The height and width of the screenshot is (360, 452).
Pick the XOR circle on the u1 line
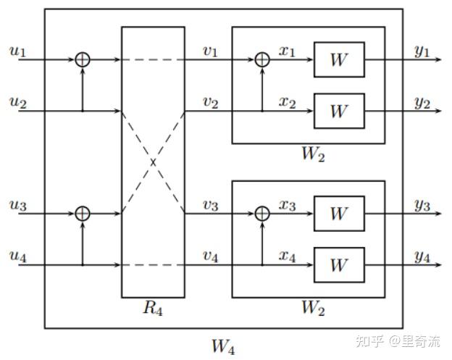83,59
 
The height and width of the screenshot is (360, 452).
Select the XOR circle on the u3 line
83,214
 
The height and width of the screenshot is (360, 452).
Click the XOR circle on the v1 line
262,59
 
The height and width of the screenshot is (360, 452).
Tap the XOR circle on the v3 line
262,214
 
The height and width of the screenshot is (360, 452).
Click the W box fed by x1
338,59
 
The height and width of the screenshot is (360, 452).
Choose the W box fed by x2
338,111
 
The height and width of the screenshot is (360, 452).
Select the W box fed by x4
338,265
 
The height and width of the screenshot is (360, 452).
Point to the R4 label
153,309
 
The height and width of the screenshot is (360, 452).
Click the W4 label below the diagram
223,346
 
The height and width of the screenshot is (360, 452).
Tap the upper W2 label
312,155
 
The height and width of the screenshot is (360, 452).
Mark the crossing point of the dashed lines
153,162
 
